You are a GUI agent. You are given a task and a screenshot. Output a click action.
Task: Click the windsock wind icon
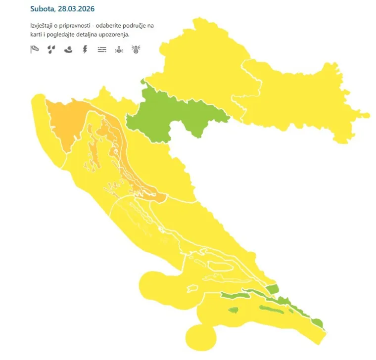pyautogui.click(x=34, y=49)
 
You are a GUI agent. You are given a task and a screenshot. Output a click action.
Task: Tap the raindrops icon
pyautogui.click(x=51, y=49)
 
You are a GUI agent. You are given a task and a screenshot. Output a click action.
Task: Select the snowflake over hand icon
pyautogui.click(x=68, y=49)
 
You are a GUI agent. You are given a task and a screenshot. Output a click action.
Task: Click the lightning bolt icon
pyautogui.click(x=85, y=49)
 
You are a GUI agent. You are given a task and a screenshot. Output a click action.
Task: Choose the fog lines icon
pyautogui.click(x=102, y=49)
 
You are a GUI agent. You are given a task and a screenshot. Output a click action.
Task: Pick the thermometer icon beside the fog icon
pyautogui.click(x=119, y=49)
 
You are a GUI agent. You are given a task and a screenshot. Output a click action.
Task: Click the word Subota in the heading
pyautogui.click(x=43, y=9)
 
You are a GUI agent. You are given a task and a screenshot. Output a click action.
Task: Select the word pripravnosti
pyautogui.click(x=80, y=25)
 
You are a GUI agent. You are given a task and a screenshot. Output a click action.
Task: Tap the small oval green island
pyautogui.click(x=233, y=311)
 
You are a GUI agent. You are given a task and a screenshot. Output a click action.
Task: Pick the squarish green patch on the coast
pyautogui.click(x=272, y=289)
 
